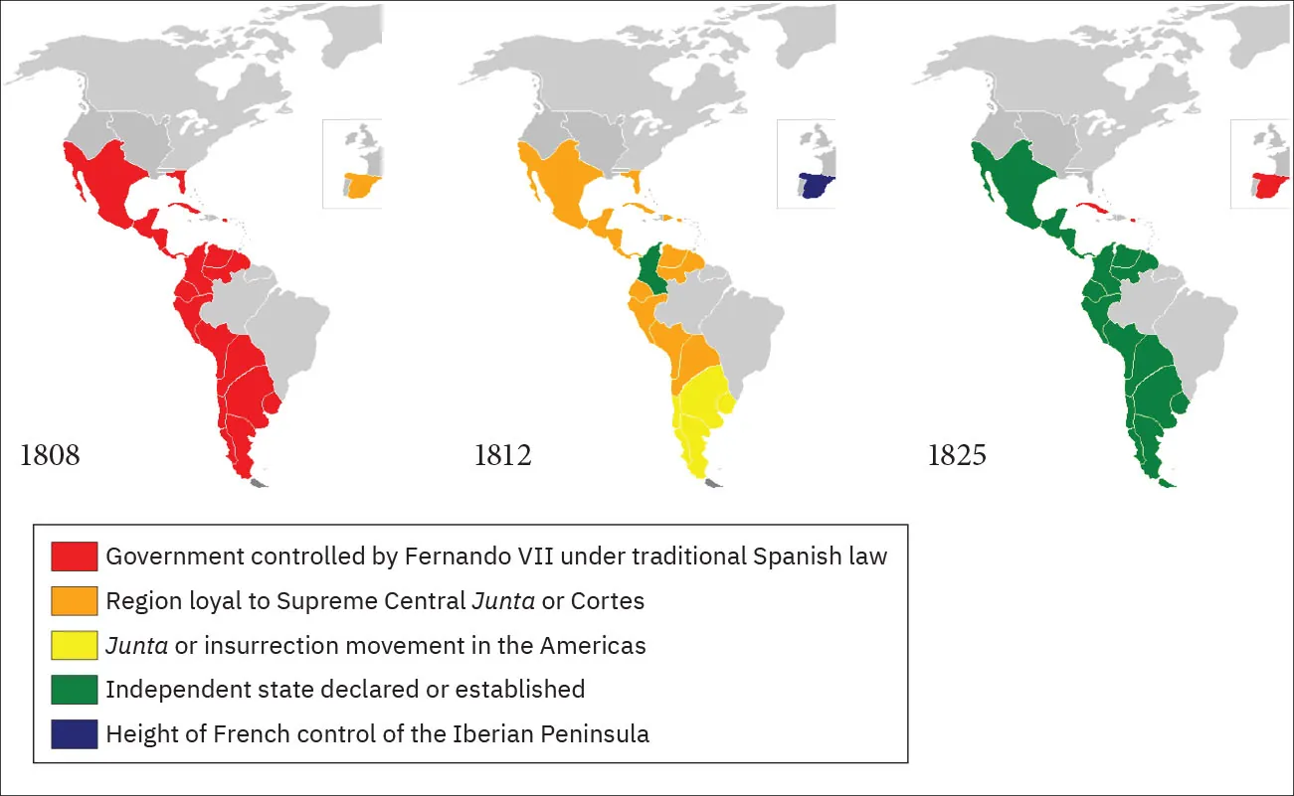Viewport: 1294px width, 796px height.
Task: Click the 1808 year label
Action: click(x=49, y=456)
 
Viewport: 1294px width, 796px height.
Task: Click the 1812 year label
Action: click(x=502, y=456)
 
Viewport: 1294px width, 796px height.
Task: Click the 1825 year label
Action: click(x=957, y=456)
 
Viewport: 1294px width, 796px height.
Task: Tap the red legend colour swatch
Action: click(x=75, y=557)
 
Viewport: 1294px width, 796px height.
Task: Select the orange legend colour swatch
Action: click(x=75, y=601)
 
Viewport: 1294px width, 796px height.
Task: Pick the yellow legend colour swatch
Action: click(x=75, y=646)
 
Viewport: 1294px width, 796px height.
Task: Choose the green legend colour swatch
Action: click(x=75, y=690)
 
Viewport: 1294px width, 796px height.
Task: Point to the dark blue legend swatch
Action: click(x=75, y=734)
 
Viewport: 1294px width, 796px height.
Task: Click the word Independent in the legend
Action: click(x=166, y=690)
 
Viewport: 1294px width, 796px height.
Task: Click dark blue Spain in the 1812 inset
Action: click(x=817, y=186)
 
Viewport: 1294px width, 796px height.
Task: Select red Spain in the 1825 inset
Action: click(x=1270, y=186)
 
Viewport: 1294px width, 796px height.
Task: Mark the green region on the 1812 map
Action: click(x=651, y=268)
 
